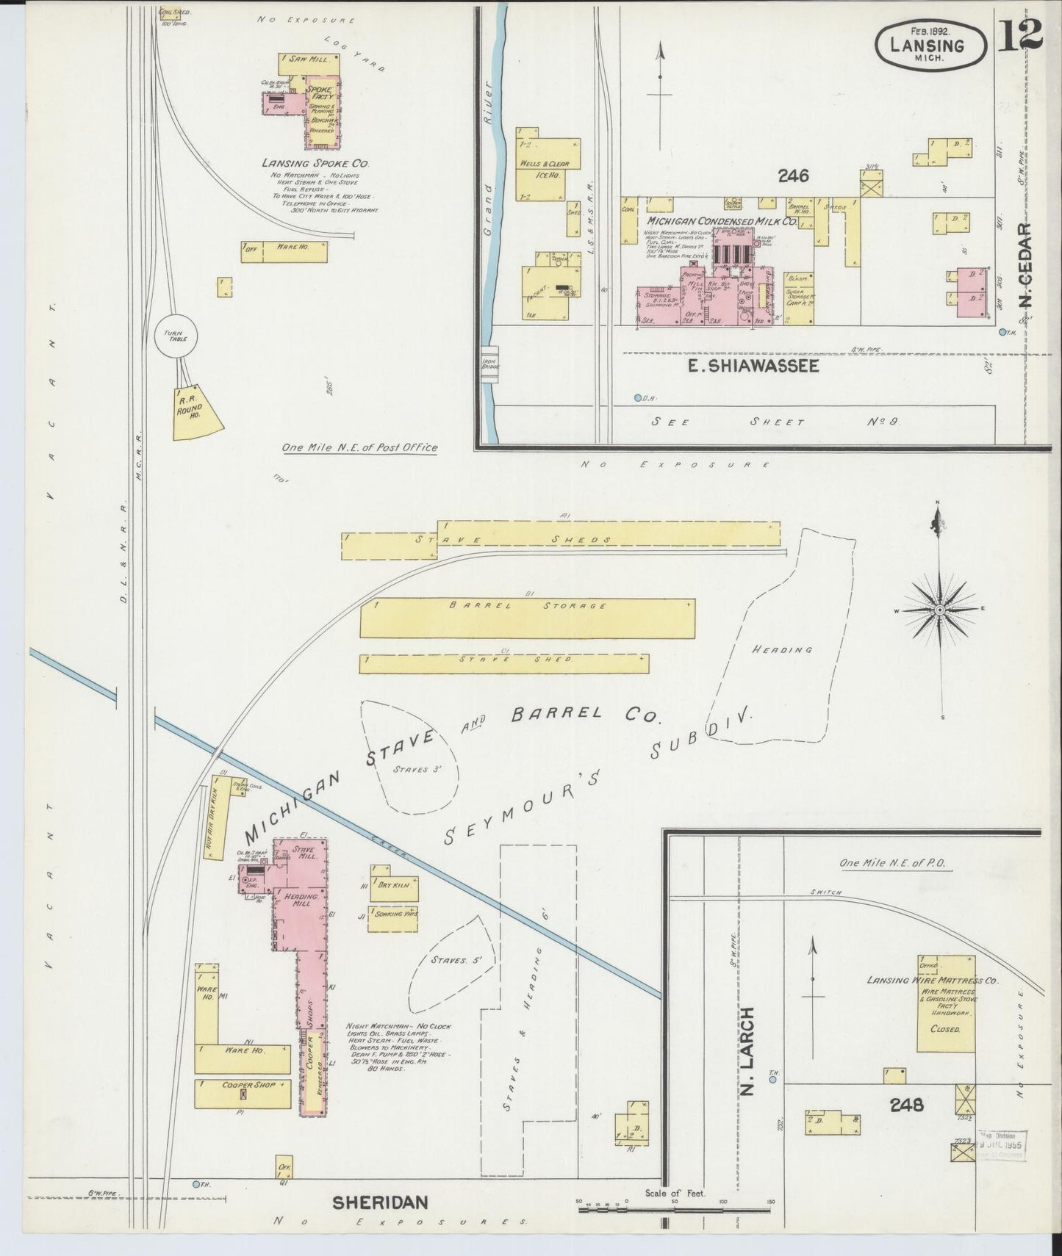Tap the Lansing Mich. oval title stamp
click(929, 45)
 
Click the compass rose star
click(940, 610)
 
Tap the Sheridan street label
click(380, 1202)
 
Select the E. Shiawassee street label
click(753, 366)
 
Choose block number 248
click(905, 1104)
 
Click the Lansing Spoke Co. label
click(315, 163)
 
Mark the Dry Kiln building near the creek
click(395, 887)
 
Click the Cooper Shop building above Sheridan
click(243, 1093)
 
